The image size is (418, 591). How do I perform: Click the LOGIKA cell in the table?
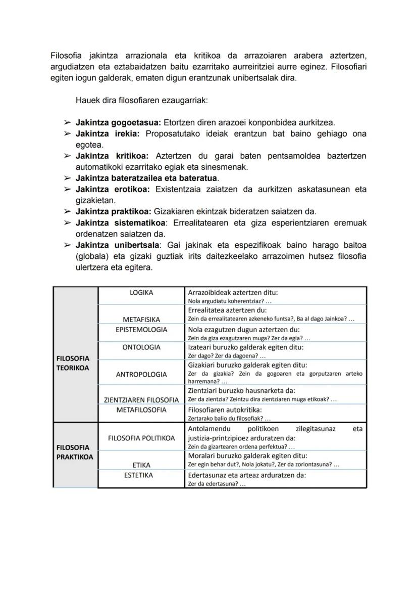(141, 292)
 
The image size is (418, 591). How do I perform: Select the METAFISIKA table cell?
(141, 320)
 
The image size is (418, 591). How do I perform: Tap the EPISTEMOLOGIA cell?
(141, 329)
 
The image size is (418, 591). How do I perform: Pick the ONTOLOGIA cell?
(141, 347)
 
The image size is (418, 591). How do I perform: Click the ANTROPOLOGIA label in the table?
(141, 375)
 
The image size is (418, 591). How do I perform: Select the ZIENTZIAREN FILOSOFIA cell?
(141, 400)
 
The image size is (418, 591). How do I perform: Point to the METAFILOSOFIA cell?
(141, 410)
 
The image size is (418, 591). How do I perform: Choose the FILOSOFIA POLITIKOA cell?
(141, 438)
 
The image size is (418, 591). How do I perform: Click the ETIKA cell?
(141, 465)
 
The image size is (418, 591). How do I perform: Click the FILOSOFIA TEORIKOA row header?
(73, 363)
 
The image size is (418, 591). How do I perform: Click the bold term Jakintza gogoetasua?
(118, 122)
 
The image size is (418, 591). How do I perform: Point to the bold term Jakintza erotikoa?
(113, 189)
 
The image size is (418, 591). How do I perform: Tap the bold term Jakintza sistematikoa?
(120, 223)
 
